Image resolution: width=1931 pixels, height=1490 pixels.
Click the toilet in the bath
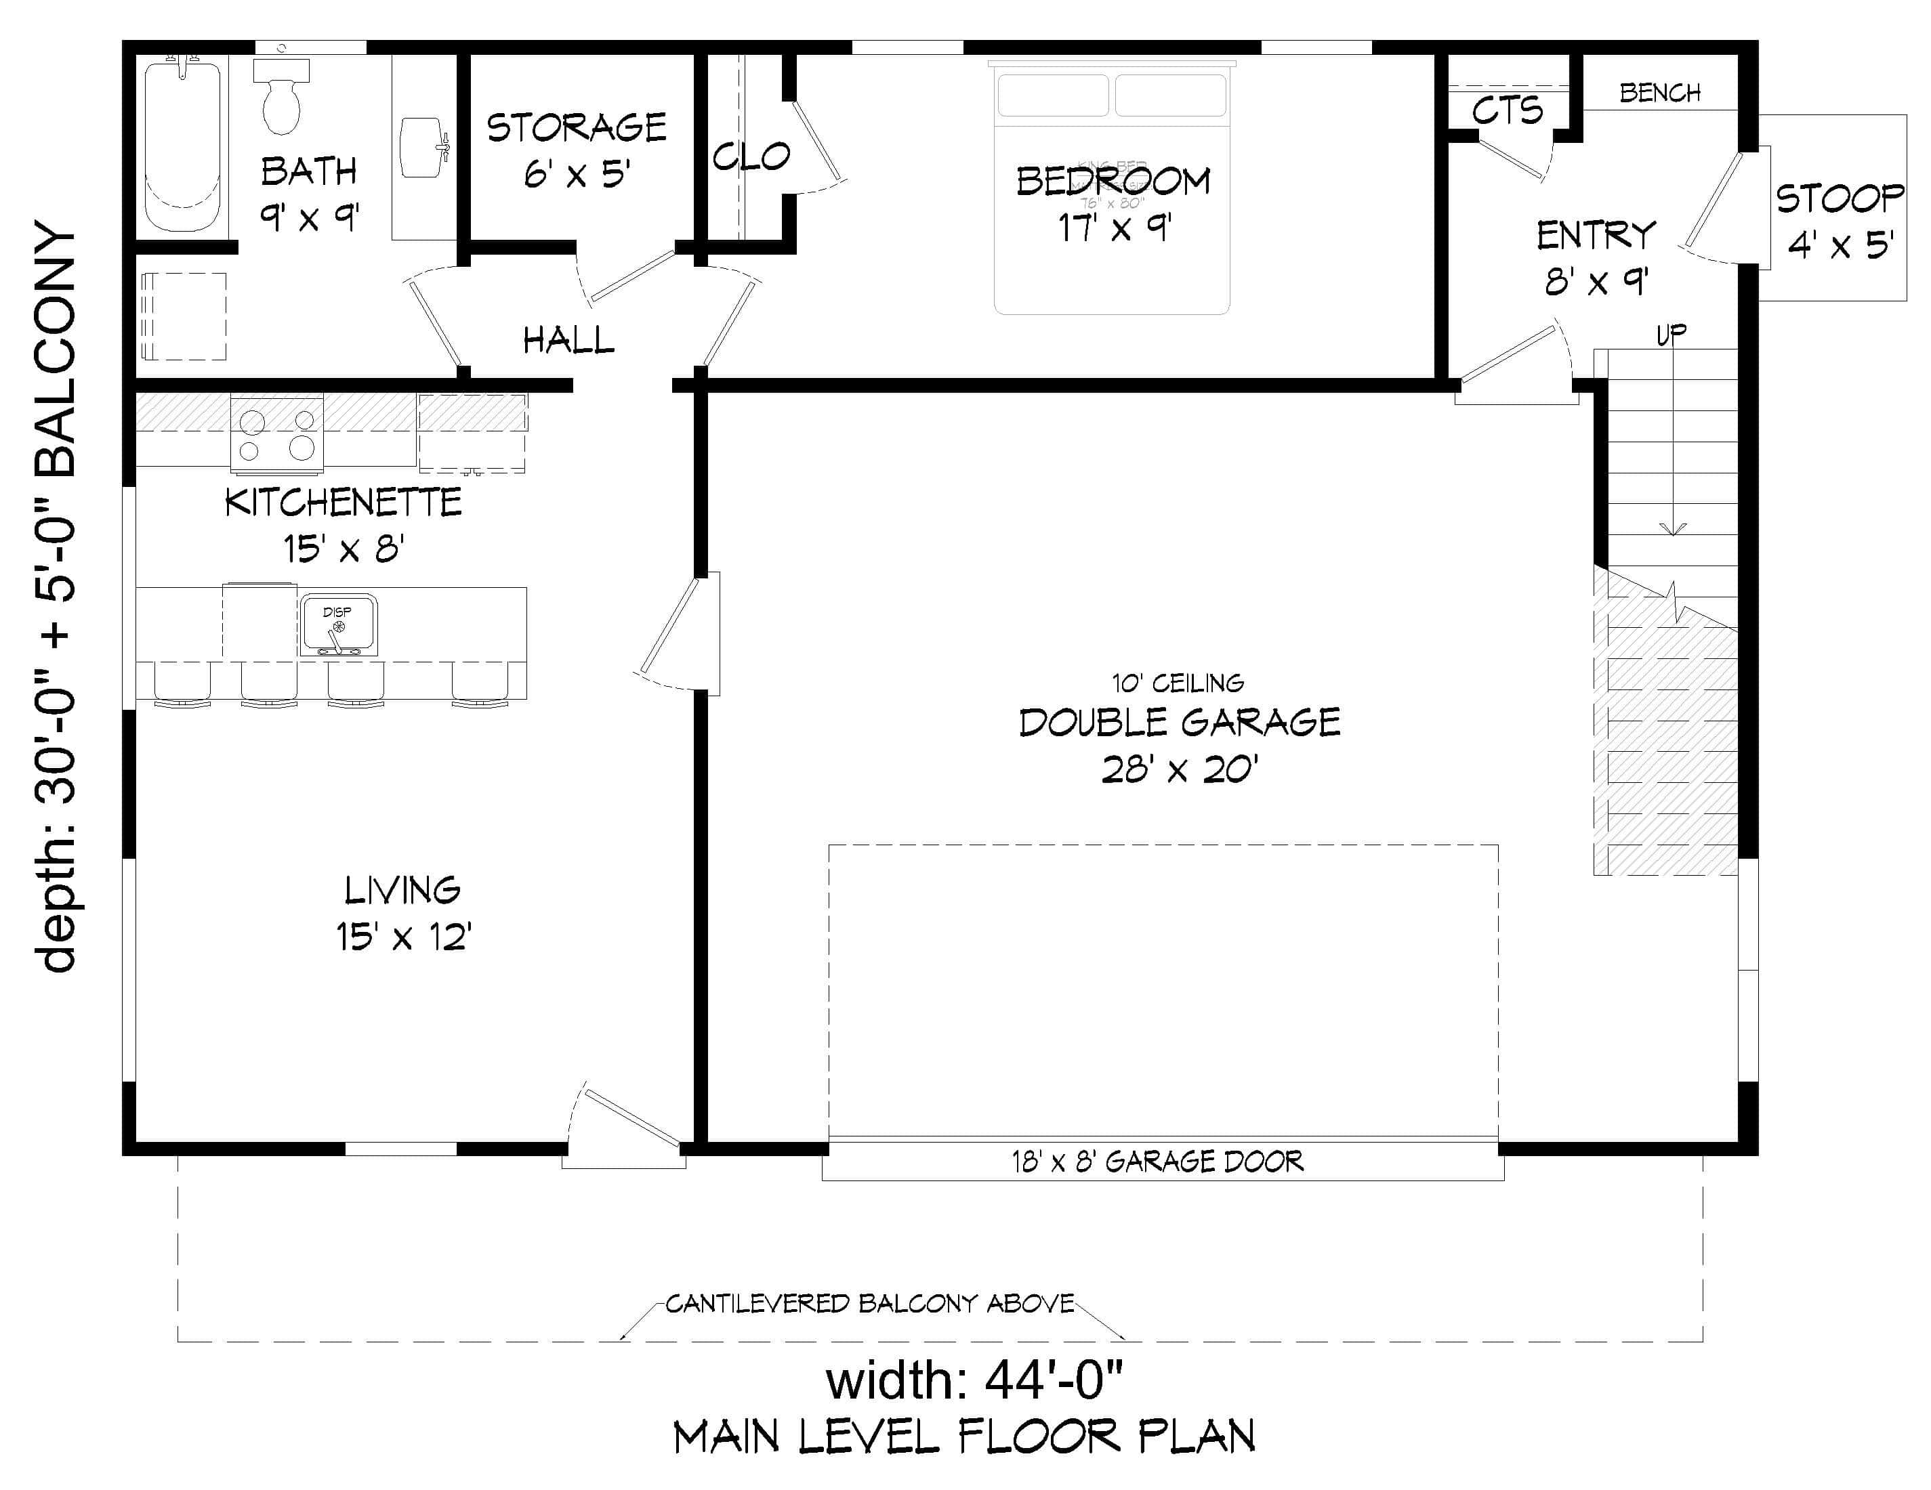point(281,98)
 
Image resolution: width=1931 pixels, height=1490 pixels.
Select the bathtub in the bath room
point(183,146)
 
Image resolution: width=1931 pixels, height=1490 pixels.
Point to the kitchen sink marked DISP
point(337,626)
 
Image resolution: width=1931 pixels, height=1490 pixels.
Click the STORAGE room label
point(577,128)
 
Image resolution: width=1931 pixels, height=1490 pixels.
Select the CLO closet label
point(751,157)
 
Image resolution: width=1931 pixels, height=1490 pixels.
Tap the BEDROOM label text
point(1113,182)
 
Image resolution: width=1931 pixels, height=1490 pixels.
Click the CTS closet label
point(1508,111)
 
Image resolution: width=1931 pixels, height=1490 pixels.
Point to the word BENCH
point(1659,93)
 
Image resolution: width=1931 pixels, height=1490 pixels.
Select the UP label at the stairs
point(1671,334)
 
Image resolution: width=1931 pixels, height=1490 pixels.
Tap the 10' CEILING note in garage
point(1178,683)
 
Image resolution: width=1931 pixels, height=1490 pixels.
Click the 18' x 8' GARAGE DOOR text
point(1157,1162)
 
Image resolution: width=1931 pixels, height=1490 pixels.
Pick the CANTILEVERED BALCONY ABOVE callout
point(869,1304)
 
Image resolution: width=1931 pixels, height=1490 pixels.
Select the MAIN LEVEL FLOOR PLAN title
point(963,1438)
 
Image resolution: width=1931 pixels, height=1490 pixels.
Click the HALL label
point(568,340)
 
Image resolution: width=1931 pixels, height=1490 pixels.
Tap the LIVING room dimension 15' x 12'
point(403,937)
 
